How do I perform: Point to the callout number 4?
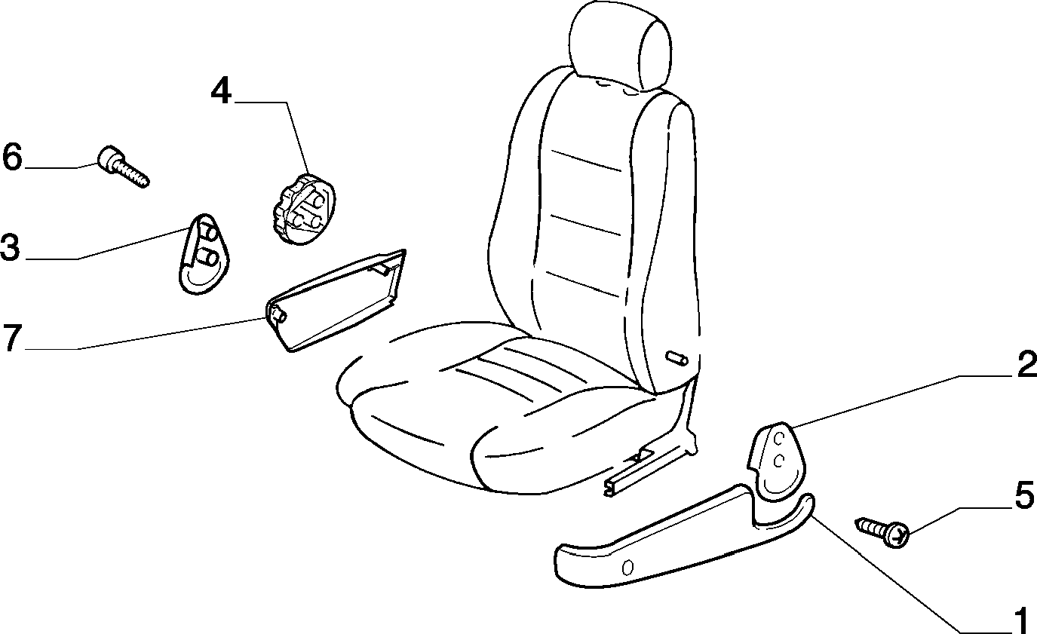pyautogui.click(x=221, y=93)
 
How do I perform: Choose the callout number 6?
pyautogui.click(x=12, y=157)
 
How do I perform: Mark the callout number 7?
pyautogui.click(x=12, y=338)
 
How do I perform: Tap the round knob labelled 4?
pyautogui.click(x=302, y=209)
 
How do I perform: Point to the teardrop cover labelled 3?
pyautogui.click(x=204, y=254)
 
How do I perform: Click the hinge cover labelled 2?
pyautogui.click(x=776, y=461)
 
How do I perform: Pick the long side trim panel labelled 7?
pyautogui.click(x=336, y=301)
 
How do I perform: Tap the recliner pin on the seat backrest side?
pyautogui.click(x=677, y=358)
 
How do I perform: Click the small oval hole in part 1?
pyautogui.click(x=628, y=568)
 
